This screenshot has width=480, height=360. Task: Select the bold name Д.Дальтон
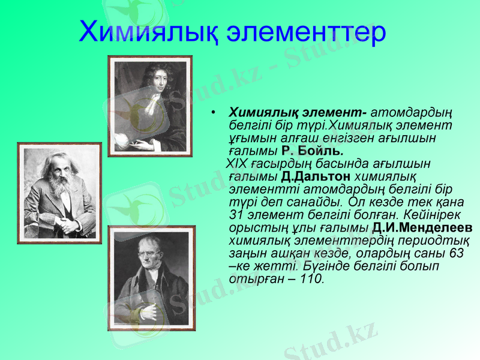point(316,176)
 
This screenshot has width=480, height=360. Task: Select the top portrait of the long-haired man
point(149,106)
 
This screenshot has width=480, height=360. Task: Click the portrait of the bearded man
point(59,193)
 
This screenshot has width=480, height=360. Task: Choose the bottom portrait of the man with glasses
point(151,278)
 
